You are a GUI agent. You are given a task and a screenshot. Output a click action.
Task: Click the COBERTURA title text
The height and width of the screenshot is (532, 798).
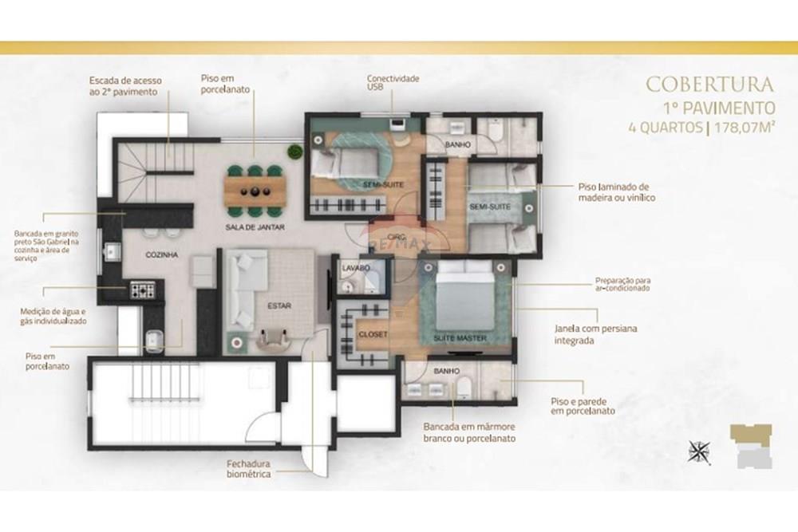coord(709,84)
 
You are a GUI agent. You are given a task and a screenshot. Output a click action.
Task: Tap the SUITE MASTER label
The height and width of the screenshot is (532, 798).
coord(460,339)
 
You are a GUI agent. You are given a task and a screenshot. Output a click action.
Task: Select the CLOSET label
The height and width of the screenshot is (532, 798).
coord(373,335)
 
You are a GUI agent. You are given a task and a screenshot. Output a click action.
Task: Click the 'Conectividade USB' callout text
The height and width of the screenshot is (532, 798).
coord(392,83)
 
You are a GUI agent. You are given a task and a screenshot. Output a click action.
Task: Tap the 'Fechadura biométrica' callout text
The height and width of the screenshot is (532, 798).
coord(248,468)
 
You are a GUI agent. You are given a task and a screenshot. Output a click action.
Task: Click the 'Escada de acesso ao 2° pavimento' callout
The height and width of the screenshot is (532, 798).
coord(123,86)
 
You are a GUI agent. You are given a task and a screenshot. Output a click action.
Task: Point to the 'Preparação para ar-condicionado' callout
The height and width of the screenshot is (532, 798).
coord(622,284)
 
